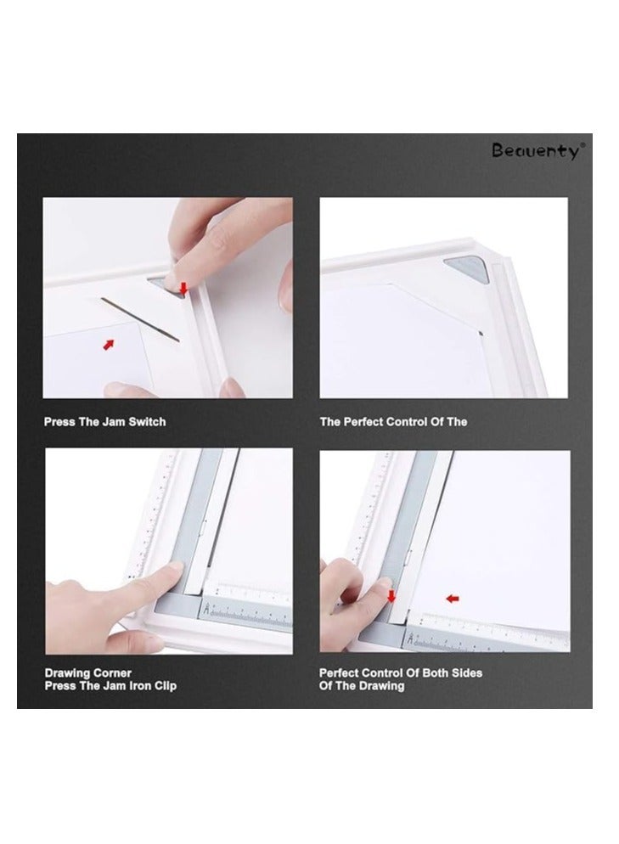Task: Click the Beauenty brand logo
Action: click(537, 151)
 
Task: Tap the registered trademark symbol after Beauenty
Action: click(582, 145)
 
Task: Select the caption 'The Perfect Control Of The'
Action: click(393, 422)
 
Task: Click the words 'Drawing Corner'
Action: click(88, 673)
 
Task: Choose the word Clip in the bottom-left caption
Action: click(164, 686)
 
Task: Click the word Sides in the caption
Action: click(464, 673)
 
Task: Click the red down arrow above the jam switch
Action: click(183, 290)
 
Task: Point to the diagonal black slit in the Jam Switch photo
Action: click(141, 320)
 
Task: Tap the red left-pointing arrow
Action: click(453, 598)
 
